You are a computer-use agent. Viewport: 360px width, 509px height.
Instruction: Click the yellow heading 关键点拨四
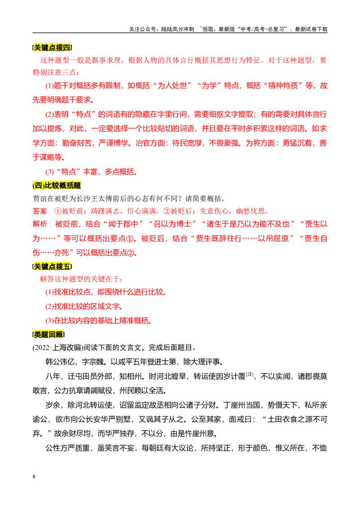pos(52,48)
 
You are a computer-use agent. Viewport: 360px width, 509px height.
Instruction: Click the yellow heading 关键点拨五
pos(52,267)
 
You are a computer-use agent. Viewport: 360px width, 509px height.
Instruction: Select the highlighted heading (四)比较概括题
pos(57,186)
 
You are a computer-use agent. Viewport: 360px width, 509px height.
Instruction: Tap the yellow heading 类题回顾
pos(49,335)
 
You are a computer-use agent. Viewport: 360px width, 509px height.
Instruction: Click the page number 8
pos(34,477)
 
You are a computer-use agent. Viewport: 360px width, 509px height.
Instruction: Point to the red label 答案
pos(40,211)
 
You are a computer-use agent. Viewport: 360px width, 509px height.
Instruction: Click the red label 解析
pos(40,224)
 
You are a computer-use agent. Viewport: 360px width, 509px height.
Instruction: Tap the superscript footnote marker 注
pos(250,374)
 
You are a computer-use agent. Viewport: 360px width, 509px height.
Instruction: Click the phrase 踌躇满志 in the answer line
pos(105,211)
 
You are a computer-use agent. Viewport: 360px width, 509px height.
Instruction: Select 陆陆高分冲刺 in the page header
pos(178,29)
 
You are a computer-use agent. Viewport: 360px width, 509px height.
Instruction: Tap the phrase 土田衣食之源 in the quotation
pos(289,420)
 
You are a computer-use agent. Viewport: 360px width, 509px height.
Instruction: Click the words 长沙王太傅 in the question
pos(94,199)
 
